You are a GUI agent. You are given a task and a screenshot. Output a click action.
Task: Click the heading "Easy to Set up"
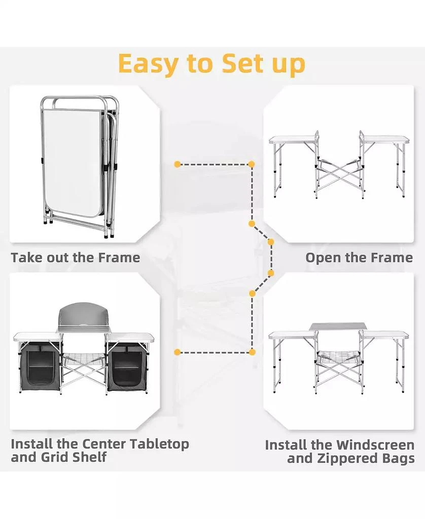[211, 63]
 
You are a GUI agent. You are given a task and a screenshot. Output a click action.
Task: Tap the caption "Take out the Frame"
[76, 257]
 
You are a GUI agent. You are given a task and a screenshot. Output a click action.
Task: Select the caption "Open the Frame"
[359, 257]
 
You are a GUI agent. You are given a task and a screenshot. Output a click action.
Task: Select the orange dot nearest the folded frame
[178, 164]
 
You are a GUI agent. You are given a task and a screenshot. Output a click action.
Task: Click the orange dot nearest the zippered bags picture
[178, 351]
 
